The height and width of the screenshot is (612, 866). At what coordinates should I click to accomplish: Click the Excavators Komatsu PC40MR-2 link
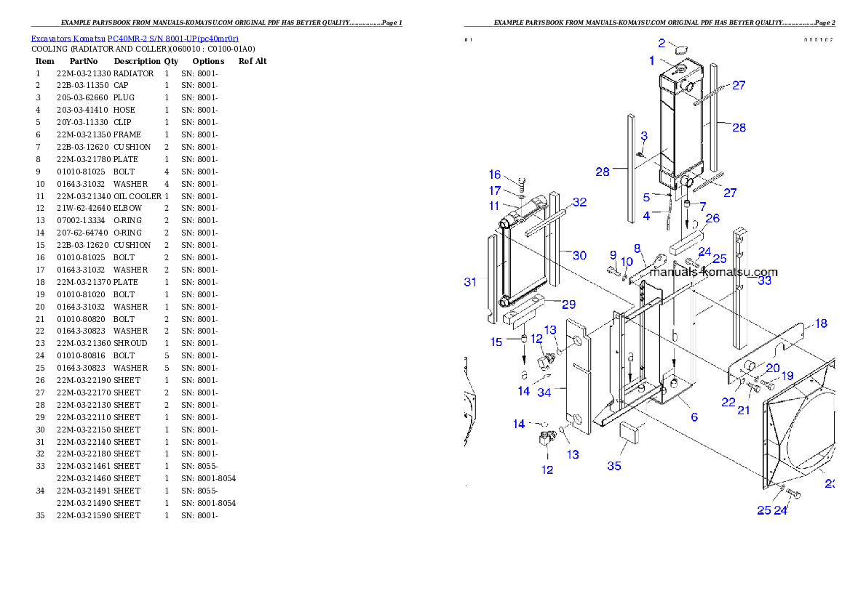pyautogui.click(x=135, y=38)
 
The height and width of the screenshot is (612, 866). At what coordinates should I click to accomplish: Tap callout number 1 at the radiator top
pyautogui.click(x=652, y=61)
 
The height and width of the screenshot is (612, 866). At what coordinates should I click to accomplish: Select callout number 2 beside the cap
pyautogui.click(x=662, y=43)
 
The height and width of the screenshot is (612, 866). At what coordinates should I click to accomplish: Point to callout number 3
pyautogui.click(x=644, y=136)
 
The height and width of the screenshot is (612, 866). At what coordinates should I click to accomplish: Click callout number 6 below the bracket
pyautogui.click(x=694, y=417)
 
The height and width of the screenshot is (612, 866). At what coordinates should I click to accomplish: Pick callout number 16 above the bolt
pyautogui.click(x=495, y=174)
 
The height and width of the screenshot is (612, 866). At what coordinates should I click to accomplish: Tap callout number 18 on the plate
pyautogui.click(x=821, y=323)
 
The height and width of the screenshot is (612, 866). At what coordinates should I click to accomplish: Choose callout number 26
pyautogui.click(x=712, y=218)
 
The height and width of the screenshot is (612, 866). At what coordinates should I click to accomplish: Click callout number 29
pyautogui.click(x=569, y=305)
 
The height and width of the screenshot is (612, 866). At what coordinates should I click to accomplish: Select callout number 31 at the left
pyautogui.click(x=470, y=282)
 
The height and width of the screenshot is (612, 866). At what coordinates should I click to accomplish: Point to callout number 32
pyautogui.click(x=579, y=202)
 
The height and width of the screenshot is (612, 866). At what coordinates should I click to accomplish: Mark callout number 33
pyautogui.click(x=764, y=281)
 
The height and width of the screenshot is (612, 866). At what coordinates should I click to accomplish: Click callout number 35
pyautogui.click(x=614, y=466)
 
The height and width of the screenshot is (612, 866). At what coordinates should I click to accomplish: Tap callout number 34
pyautogui.click(x=544, y=392)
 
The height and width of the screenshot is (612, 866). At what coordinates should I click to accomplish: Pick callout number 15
pyautogui.click(x=496, y=342)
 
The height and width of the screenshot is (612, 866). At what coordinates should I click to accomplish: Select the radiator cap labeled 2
pyautogui.click(x=678, y=50)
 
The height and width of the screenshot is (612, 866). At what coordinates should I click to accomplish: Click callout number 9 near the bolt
pyautogui.click(x=613, y=255)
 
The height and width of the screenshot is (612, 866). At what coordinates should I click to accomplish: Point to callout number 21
pyautogui.click(x=743, y=411)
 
